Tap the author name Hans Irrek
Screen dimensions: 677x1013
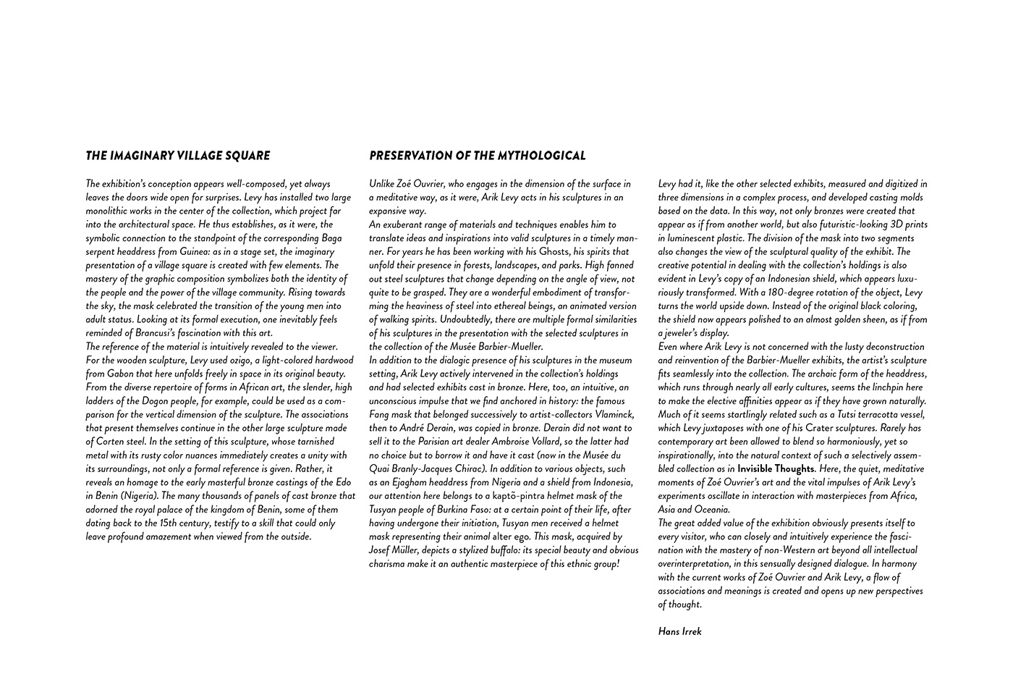point(679,631)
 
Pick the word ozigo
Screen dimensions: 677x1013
point(240,361)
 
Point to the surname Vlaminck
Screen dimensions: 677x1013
point(610,415)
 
